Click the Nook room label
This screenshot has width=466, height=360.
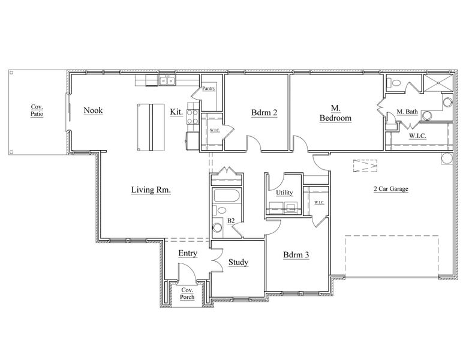click(x=94, y=110)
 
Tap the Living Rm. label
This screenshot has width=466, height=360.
click(x=151, y=190)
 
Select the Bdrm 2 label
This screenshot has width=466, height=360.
click(x=264, y=112)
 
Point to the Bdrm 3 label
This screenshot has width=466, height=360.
click(x=296, y=255)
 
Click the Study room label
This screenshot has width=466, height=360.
click(x=238, y=262)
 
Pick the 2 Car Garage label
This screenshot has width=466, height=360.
click(x=391, y=189)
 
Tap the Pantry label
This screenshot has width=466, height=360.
click(x=209, y=88)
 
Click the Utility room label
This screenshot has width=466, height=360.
click(x=284, y=193)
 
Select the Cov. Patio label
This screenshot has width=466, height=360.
click(x=37, y=110)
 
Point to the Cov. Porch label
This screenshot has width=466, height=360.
click(x=187, y=293)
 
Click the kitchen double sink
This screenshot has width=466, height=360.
click(x=167, y=80)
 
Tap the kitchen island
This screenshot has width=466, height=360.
click(x=151, y=128)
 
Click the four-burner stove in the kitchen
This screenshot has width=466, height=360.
click(x=193, y=116)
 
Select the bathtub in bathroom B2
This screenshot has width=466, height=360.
click(x=227, y=196)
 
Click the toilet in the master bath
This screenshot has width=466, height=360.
click(x=393, y=82)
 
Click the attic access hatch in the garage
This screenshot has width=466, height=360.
click(x=365, y=166)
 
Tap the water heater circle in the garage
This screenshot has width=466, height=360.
click(x=447, y=158)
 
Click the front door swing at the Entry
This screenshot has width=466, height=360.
click(x=187, y=271)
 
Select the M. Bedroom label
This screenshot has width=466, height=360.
click(x=335, y=113)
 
